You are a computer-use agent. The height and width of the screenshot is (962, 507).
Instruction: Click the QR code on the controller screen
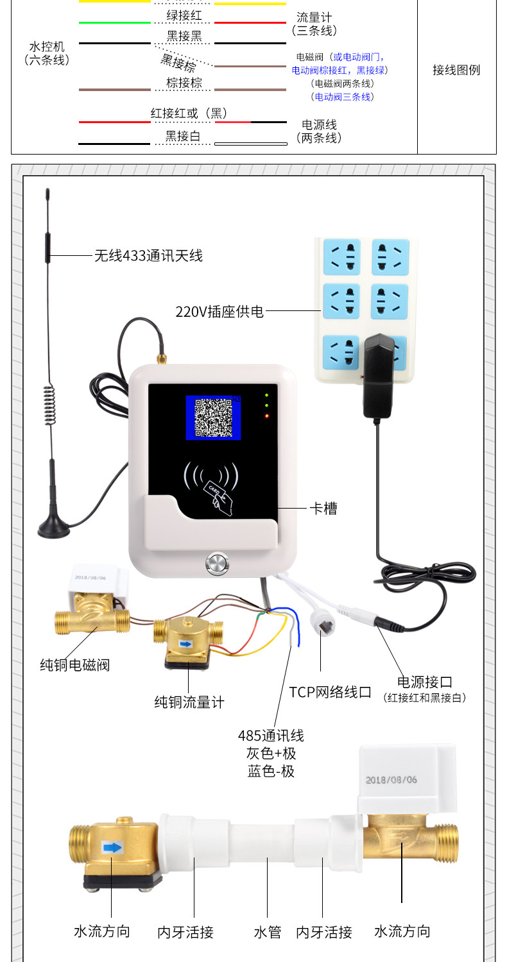(x=213, y=418)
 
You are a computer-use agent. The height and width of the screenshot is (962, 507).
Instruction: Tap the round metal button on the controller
(x=218, y=564)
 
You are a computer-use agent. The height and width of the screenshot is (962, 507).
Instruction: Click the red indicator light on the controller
(x=267, y=416)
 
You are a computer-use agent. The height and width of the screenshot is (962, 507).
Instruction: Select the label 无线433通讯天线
(x=148, y=255)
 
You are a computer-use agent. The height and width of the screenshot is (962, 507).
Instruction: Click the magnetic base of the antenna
(x=54, y=527)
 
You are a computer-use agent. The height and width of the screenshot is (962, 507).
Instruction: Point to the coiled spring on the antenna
(x=50, y=405)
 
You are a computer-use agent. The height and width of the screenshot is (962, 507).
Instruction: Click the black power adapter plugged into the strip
(x=379, y=376)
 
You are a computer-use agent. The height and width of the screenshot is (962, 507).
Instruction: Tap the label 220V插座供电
(x=219, y=311)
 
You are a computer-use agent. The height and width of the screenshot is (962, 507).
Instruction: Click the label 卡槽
(x=323, y=509)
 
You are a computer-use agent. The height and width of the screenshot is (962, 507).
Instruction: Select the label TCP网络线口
(x=330, y=692)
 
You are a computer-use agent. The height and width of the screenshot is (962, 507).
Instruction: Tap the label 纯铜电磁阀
(x=74, y=665)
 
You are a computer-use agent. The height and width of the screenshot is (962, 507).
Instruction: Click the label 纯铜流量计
(x=189, y=702)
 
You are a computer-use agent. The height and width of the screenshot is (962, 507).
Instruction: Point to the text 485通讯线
(x=271, y=735)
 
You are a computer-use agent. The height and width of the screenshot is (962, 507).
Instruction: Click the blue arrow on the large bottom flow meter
(x=112, y=847)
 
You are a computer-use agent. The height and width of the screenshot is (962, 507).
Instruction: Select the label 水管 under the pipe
(x=267, y=932)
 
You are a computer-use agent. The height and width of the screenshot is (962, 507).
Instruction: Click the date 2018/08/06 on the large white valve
(x=391, y=779)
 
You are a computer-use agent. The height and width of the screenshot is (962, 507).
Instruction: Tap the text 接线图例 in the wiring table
(x=456, y=69)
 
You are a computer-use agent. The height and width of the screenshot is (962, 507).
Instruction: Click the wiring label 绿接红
(x=184, y=15)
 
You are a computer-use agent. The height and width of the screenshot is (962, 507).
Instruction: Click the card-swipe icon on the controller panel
(x=211, y=488)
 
